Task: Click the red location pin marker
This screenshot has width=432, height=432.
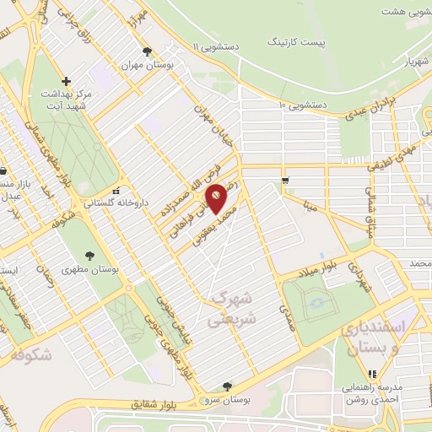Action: coord(217,197)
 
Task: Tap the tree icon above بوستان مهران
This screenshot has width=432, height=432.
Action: coord(148,51)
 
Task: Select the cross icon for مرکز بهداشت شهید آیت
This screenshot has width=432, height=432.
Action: coord(67,81)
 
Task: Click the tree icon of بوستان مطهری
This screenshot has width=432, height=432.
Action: coord(89,256)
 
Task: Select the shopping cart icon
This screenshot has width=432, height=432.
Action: coord(286,180)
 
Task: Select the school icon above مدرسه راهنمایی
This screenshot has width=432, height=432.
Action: coord(370,374)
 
